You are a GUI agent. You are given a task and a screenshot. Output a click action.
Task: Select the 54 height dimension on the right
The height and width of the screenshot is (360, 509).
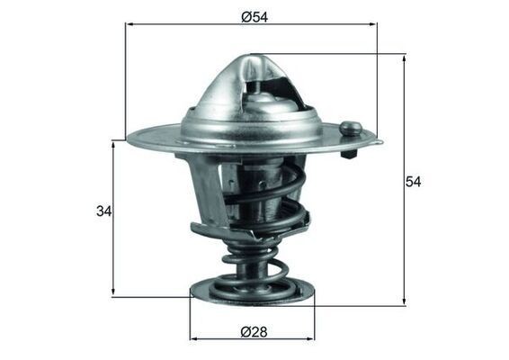tap(413, 181)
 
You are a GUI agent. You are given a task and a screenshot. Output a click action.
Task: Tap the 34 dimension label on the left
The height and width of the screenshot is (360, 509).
tap(104, 212)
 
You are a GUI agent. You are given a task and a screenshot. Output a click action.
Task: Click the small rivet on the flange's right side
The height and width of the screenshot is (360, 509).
tap(353, 129)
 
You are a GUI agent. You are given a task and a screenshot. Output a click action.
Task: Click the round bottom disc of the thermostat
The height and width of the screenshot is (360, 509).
tap(253, 291)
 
